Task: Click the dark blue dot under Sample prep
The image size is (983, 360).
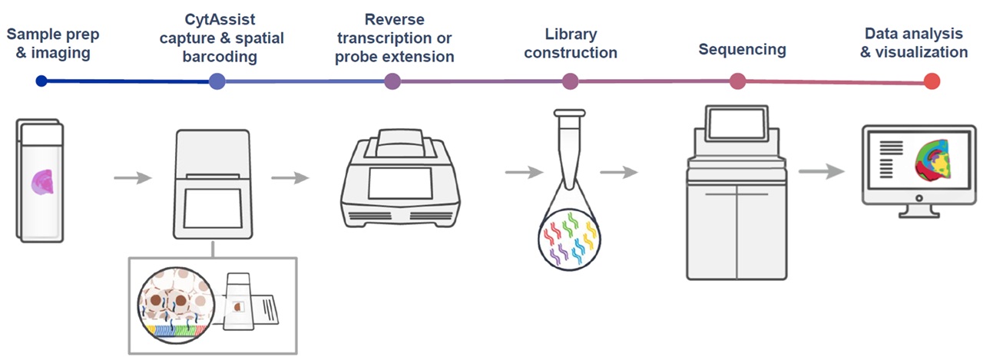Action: (41, 81)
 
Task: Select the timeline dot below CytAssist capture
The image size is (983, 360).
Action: (217, 81)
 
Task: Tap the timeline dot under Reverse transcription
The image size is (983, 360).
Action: (392, 81)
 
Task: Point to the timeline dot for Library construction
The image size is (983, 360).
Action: (570, 81)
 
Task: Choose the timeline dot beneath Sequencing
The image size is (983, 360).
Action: (738, 81)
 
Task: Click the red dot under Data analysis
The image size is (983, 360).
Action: (932, 81)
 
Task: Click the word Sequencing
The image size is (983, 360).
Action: (742, 49)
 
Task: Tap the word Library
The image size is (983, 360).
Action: (570, 34)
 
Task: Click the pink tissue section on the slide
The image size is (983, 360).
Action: (41, 182)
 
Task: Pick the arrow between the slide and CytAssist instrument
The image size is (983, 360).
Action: (132, 179)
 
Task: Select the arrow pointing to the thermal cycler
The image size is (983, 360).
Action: (290, 179)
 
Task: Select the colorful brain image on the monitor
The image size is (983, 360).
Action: (937, 163)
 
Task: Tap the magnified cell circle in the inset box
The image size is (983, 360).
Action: (177, 312)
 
